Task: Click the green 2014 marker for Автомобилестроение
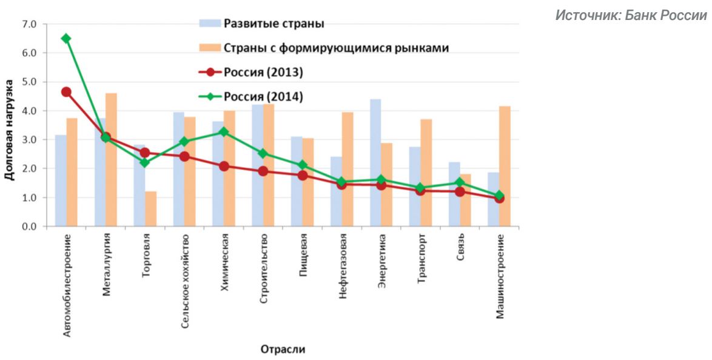(66, 38)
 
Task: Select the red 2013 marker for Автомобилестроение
(66, 92)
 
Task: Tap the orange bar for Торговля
(150, 209)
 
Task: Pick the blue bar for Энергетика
(375, 163)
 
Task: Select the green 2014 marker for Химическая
(223, 132)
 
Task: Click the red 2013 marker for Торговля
(144, 153)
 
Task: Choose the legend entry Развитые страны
(274, 24)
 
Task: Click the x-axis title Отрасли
(283, 349)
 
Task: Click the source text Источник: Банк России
(631, 15)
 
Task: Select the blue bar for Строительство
(257, 165)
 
